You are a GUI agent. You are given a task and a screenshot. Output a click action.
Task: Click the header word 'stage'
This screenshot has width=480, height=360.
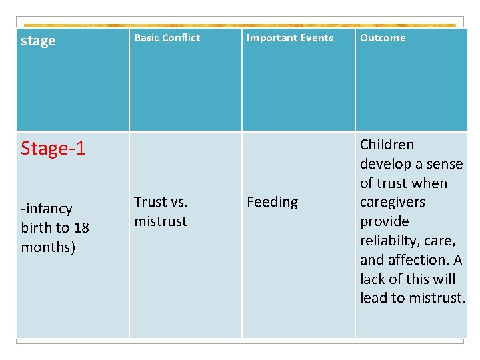point(38,41)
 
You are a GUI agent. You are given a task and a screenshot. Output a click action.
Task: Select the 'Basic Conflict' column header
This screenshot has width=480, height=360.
point(167,38)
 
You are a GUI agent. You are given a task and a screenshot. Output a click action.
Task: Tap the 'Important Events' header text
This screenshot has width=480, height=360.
point(289,38)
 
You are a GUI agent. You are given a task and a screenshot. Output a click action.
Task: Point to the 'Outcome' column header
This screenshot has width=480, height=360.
point(383,38)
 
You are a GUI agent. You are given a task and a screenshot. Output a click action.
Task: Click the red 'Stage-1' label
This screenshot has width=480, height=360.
point(53,148)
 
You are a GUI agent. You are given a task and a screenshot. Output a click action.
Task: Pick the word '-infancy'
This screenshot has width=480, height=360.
point(47,209)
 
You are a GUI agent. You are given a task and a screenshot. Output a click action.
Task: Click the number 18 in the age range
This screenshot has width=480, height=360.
point(81,228)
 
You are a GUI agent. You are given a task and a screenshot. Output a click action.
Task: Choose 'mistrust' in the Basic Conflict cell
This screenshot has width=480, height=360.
point(161,221)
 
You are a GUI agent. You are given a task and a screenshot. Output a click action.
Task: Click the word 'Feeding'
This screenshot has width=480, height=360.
point(272,202)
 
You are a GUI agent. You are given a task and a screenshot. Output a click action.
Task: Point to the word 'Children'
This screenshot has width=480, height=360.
point(387,145)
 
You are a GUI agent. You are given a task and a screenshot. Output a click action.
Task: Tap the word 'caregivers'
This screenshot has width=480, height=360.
point(392,202)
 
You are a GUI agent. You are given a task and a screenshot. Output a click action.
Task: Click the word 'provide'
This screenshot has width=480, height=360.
point(384,221)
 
